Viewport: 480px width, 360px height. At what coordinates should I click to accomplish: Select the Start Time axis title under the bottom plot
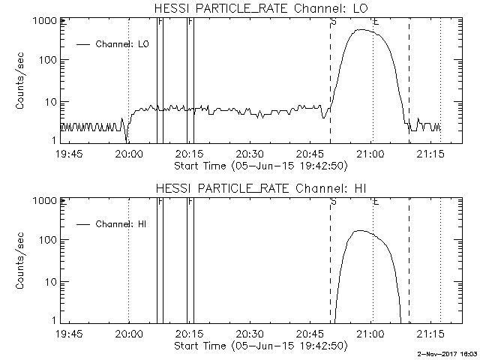(259, 346)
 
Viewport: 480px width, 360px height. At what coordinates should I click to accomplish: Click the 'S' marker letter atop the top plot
(333, 22)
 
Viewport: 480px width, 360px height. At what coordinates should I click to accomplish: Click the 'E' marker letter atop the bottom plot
(376, 202)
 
